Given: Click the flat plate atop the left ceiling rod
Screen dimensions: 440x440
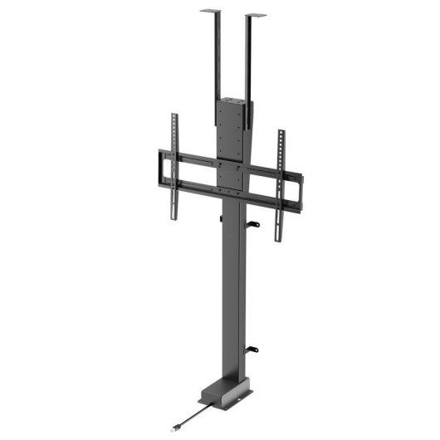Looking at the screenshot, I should [x=213, y=11].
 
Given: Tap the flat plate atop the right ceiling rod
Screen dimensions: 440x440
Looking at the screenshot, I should [x=256, y=15].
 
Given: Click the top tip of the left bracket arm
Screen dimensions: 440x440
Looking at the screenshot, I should [x=174, y=115].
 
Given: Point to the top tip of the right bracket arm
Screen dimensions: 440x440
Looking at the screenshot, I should [x=280, y=132].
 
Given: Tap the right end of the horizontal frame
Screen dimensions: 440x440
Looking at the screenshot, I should [x=300, y=190].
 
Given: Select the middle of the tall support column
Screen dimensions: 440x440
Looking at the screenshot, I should [x=235, y=291].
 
